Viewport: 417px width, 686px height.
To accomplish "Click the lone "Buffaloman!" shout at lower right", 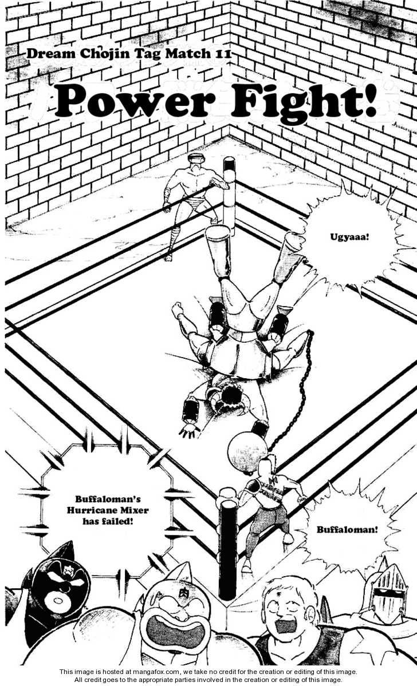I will click(x=347, y=529).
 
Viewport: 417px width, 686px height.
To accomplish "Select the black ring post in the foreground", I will click(x=227, y=549).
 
